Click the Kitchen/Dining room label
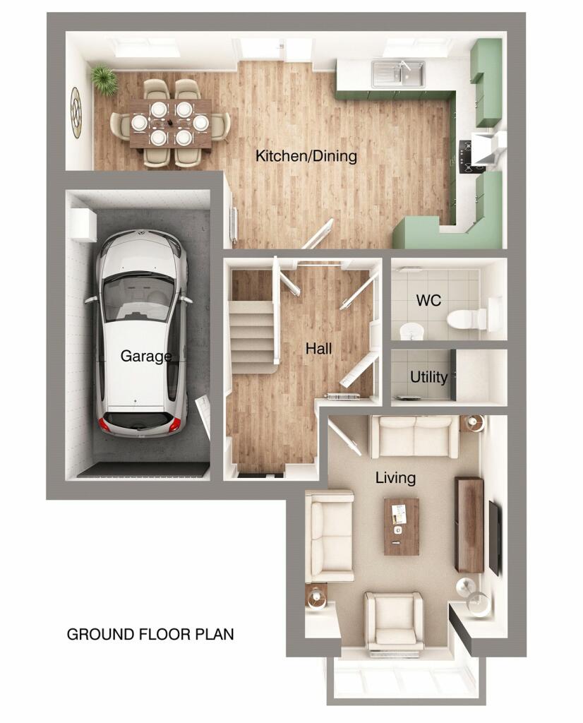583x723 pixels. [x=306, y=156]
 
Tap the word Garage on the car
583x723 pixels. [x=145, y=356]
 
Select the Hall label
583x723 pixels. [x=318, y=348]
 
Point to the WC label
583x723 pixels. [x=428, y=301]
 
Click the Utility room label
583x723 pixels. [x=428, y=378]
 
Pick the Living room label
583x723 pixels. [x=395, y=478]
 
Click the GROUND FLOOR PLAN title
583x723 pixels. [x=150, y=634]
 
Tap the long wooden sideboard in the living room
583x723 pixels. [x=469, y=524]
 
